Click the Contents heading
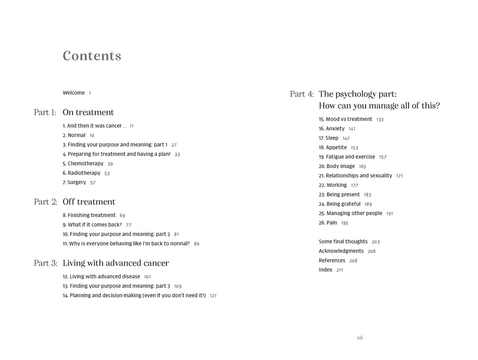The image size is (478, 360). click(92, 56)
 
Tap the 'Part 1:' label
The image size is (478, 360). click(45, 112)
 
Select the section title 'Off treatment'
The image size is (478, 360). click(89, 202)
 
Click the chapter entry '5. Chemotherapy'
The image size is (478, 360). click(83, 164)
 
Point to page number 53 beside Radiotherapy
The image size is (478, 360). click(107, 174)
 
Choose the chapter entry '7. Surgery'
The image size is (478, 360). click(74, 182)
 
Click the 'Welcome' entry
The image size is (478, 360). click(74, 93)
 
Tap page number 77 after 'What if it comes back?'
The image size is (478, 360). click(129, 225)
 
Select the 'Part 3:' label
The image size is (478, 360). click(45, 263)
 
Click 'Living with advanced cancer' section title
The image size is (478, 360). click(116, 263)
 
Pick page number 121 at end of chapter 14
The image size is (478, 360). click(213, 296)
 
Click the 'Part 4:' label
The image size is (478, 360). click(302, 94)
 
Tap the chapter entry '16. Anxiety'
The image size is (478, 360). click(331, 129)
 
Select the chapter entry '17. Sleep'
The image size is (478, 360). click(328, 138)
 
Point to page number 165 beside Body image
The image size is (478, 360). click(362, 167)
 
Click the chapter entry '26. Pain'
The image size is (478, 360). click(327, 223)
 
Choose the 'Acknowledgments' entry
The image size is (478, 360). click(341, 251)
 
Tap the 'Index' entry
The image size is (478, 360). click(326, 270)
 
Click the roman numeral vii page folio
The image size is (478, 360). click(360, 338)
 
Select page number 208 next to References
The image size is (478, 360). click(353, 261)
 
